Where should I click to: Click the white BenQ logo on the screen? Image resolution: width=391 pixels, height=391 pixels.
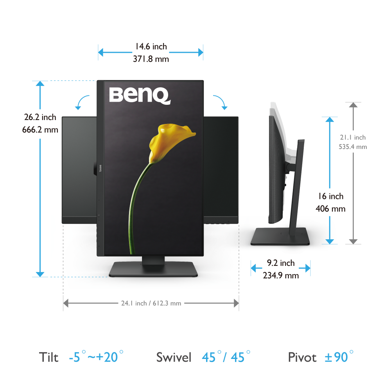point(140,95)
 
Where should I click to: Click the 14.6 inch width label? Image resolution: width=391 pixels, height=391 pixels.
point(151,47)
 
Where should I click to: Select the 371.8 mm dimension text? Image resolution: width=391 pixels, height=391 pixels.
point(151,59)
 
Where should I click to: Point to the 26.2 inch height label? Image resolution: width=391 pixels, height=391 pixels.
point(40,117)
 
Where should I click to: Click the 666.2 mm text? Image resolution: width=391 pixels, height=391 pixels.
point(40,129)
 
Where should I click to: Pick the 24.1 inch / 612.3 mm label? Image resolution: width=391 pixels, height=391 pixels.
point(151,303)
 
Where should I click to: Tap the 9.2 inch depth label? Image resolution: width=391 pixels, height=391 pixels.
point(281,263)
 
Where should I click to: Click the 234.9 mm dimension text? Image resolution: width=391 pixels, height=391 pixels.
point(281,275)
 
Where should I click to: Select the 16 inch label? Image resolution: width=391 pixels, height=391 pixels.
point(330,196)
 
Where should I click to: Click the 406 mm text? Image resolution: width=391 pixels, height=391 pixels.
point(330,209)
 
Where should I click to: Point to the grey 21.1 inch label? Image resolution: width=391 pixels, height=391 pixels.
point(353,137)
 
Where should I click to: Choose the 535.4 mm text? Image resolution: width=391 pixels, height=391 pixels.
point(353,147)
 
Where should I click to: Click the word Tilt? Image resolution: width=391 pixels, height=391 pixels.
point(49,357)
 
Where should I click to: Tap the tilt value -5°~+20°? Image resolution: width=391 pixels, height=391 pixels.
point(96,357)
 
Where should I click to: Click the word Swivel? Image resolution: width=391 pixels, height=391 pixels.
point(174,357)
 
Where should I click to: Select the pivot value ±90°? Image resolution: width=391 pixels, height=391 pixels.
point(339,357)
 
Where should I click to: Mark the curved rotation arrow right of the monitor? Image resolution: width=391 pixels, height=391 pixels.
point(220,102)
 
